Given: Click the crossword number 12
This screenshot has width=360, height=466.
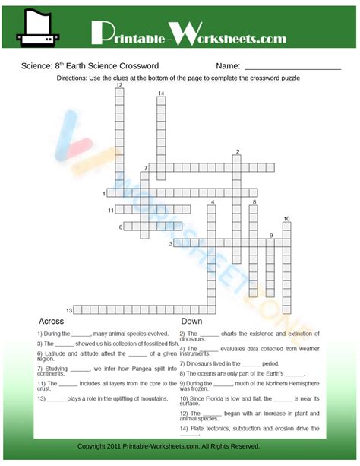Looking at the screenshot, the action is coord(119,85).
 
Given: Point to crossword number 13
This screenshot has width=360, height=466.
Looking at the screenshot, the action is coord(68,310).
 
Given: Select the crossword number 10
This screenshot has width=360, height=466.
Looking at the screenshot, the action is coord(286,220).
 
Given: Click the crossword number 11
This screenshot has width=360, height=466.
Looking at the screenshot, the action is coord(110,210).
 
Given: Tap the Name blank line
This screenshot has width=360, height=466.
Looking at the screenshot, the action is coord(292,68).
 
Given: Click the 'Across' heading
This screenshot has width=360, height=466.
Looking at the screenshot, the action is coord(50,322).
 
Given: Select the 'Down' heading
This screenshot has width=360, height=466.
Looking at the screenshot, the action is coord(191,322).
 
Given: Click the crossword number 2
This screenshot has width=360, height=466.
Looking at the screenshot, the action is coord(238,152).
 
